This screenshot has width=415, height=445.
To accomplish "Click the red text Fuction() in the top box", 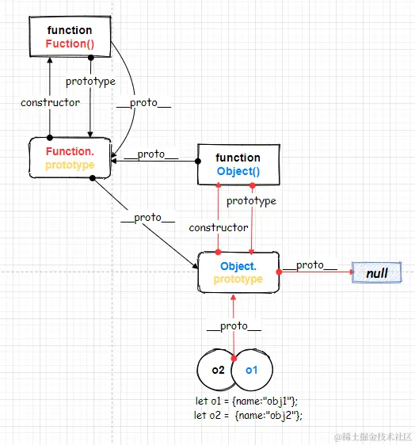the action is [x=70, y=44].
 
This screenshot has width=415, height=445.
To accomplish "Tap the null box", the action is [x=376, y=272].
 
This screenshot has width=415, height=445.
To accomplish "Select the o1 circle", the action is [x=252, y=370].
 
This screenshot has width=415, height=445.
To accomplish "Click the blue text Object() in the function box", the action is [x=238, y=171].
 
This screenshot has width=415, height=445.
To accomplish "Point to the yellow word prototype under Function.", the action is [x=70, y=165].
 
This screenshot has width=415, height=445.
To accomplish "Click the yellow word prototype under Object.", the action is [x=238, y=280].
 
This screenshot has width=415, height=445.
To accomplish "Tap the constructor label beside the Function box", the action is [x=50, y=102].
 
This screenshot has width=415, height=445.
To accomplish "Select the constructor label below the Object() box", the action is [x=219, y=227].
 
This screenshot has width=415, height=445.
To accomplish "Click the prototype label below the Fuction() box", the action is [x=90, y=82].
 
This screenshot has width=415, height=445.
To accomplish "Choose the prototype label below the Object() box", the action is [x=251, y=201].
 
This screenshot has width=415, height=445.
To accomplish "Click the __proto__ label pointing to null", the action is [x=310, y=265].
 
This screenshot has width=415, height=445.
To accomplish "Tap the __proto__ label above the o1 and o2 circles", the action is [x=234, y=326].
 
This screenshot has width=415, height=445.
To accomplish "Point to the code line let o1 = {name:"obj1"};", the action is [x=246, y=401].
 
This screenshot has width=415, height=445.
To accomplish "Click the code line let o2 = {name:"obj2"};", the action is [x=248, y=416].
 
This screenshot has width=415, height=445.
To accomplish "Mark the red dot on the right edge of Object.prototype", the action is [x=279, y=272].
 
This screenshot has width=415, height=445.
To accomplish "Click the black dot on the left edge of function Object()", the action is [x=198, y=162].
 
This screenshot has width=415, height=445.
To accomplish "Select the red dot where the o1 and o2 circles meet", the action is [x=234, y=359].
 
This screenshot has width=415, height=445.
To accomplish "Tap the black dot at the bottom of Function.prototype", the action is [x=92, y=178].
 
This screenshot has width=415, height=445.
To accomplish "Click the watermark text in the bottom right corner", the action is [x=373, y=436].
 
